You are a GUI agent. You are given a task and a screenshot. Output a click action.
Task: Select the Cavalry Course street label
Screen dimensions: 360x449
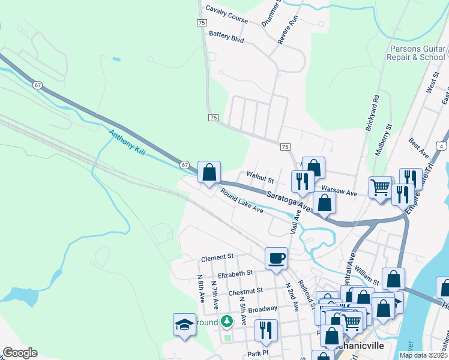[226, 14]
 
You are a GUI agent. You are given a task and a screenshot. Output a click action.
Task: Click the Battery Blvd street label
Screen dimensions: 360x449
[226, 37]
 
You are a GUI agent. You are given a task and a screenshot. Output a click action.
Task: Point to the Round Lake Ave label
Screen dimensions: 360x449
[242, 202]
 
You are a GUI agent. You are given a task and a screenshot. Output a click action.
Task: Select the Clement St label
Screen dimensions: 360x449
[217, 257]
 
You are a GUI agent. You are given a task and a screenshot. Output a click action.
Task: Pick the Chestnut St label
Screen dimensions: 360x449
[246, 290]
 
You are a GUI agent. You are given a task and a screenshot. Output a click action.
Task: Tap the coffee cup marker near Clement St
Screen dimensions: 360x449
[276, 259]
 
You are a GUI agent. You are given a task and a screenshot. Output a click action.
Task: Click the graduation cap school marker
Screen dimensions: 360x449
[184, 325]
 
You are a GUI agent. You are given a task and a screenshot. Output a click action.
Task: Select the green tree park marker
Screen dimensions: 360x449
[226, 322]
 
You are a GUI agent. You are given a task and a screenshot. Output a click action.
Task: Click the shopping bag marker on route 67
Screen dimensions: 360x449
[208, 172]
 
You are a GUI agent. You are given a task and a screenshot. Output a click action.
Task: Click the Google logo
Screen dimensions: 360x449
[19, 353]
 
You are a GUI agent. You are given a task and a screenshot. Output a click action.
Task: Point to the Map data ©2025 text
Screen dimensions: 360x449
[423, 355]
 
